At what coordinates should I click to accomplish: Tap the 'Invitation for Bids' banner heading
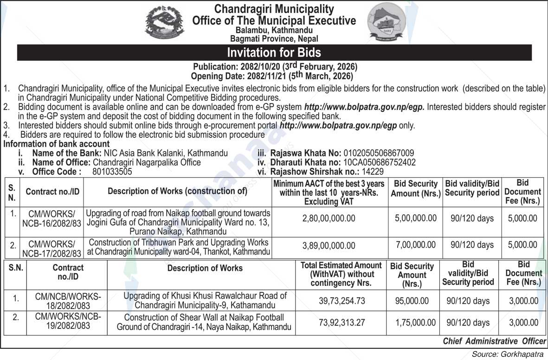pos(274,52)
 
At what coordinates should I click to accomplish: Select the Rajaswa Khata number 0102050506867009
pos(378,153)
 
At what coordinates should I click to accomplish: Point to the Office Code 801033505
pos(109,171)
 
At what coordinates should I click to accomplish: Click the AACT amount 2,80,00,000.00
pos(329,219)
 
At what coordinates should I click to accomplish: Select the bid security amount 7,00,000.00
pos(416,245)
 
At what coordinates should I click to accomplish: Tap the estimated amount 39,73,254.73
pos(342,301)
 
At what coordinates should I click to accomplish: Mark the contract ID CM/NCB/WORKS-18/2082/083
pos(68,301)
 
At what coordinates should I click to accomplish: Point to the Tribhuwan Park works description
pos(179,247)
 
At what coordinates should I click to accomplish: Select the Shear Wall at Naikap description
pos(204,322)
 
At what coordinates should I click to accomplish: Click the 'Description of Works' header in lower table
pos(205,268)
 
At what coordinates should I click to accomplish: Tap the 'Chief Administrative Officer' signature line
pos(494,341)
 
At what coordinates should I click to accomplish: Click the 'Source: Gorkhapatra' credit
pos(509,354)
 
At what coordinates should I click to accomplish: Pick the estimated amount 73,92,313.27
pos(342,322)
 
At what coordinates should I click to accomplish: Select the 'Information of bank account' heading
pos(57,144)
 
